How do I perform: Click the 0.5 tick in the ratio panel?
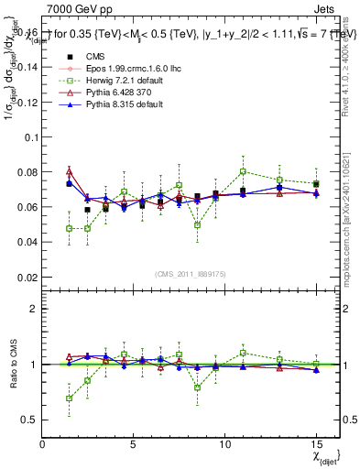30,420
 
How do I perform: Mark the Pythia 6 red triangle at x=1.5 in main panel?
70,171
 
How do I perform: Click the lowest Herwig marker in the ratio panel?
70,398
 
